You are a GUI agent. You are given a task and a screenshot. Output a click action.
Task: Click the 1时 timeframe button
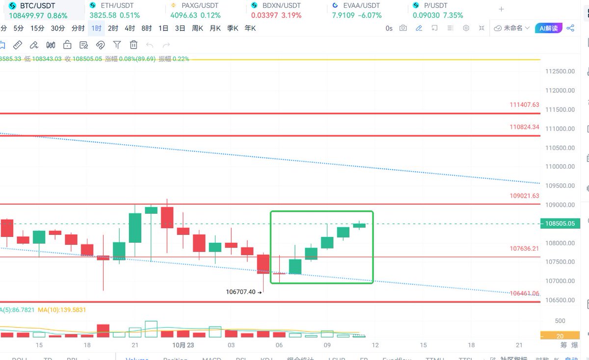(96, 28)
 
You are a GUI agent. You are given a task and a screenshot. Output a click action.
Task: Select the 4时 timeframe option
(130, 28)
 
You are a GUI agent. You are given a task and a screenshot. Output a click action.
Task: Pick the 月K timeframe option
(215, 28)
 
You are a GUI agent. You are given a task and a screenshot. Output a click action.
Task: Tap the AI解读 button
(548, 28)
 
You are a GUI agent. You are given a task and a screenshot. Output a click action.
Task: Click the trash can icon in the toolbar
(134, 45)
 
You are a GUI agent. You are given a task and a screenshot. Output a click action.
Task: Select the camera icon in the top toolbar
(403, 28)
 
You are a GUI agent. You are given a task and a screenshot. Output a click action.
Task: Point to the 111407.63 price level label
(524, 104)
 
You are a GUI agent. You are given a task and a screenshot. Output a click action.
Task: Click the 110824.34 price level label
(524, 127)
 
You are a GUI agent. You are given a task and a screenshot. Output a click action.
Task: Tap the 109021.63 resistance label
(524, 196)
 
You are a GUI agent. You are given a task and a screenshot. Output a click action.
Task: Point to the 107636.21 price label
(524, 249)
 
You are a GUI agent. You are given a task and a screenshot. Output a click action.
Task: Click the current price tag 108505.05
(560, 224)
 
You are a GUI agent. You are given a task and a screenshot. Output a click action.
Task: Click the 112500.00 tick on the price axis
(560, 72)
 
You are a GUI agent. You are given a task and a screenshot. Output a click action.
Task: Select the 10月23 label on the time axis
(183, 345)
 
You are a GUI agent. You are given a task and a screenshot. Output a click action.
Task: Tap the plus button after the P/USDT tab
(501, 9)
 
